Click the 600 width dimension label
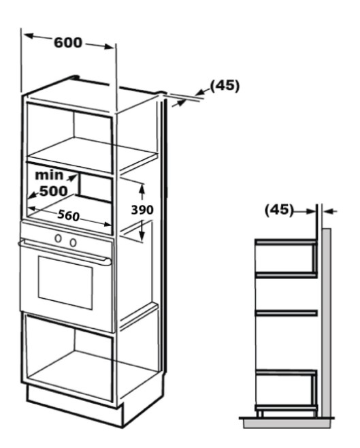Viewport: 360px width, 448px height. point(68,43)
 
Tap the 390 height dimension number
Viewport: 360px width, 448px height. point(142,210)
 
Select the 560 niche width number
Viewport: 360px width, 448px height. point(69,215)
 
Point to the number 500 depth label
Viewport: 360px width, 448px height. point(54,191)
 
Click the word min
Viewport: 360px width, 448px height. point(49,175)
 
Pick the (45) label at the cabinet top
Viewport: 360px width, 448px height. point(225,86)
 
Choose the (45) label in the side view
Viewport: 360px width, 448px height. point(279,210)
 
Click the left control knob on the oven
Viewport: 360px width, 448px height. point(59,238)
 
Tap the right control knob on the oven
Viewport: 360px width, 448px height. point(73,242)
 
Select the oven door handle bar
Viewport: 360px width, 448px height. point(65,251)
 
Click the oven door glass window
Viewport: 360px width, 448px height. point(65,283)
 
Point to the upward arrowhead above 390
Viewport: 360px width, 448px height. point(142,189)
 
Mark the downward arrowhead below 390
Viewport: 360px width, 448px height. point(142,235)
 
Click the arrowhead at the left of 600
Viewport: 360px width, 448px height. point(29,36)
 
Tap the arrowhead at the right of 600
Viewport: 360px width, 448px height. point(108,46)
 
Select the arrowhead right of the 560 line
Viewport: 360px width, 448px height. point(107,224)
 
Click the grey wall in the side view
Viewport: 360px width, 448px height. point(326,322)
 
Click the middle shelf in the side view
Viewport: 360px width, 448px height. point(286,313)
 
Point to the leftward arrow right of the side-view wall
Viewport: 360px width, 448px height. point(331,212)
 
